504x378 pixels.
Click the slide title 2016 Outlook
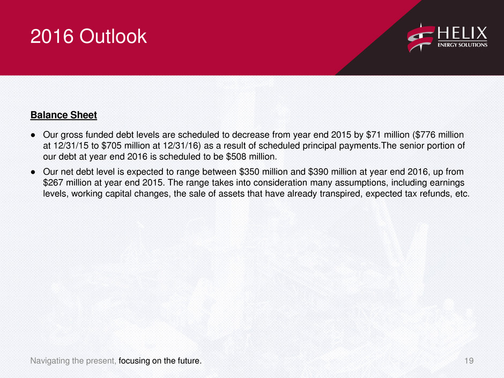pyautogui.click(x=88, y=36)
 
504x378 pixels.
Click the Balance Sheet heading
pyautogui.click(x=64, y=115)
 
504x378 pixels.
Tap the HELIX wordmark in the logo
pyautogui.click(x=462, y=33)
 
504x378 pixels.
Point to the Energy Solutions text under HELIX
pyautogui.click(x=462, y=45)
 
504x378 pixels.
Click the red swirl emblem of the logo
pyautogui.click(x=420, y=38)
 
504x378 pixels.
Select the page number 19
pyautogui.click(x=469, y=361)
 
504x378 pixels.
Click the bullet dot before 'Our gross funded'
pyautogui.click(x=33, y=135)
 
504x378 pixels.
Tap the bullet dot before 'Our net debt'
pyautogui.click(x=33, y=172)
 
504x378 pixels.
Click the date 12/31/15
pyautogui.click(x=71, y=146)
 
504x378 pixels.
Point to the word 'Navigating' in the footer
pyautogui.click(x=50, y=361)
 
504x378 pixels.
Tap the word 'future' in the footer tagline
pyautogui.click(x=188, y=361)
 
